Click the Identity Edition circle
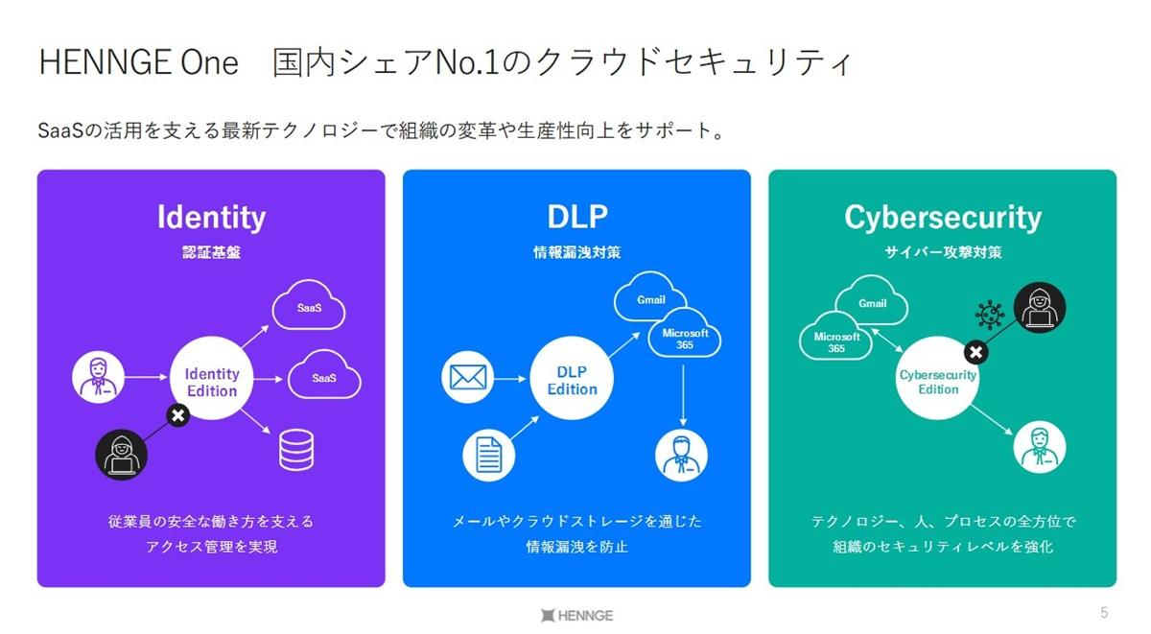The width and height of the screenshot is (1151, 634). coord(211,382)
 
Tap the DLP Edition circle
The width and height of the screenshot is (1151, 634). coord(572,381)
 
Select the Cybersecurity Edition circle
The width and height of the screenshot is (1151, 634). coord(937,381)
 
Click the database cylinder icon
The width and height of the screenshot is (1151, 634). coord(296,449)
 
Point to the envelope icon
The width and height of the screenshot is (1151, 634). coord(467,378)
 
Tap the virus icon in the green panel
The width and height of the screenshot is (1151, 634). coord(988,315)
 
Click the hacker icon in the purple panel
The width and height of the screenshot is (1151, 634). coord(122,454)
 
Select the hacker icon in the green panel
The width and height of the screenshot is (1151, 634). coord(1040,308)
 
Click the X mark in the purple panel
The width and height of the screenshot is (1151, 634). coord(177,415)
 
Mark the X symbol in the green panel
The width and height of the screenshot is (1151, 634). coord(975,352)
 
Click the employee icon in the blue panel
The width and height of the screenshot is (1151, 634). coord(682,454)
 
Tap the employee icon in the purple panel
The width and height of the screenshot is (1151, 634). coord(98,377)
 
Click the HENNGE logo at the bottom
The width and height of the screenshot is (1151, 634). coord(576,615)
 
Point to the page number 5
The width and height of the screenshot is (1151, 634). coord(1104,613)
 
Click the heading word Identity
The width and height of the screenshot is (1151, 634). coord(211,218)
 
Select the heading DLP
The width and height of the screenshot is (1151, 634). coord(576,218)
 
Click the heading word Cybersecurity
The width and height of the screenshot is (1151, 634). coord(942,218)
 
